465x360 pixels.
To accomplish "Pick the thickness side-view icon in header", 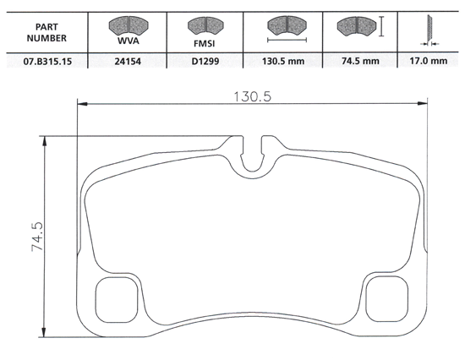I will point(427,30).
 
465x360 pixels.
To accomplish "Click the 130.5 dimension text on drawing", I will point(253,96).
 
